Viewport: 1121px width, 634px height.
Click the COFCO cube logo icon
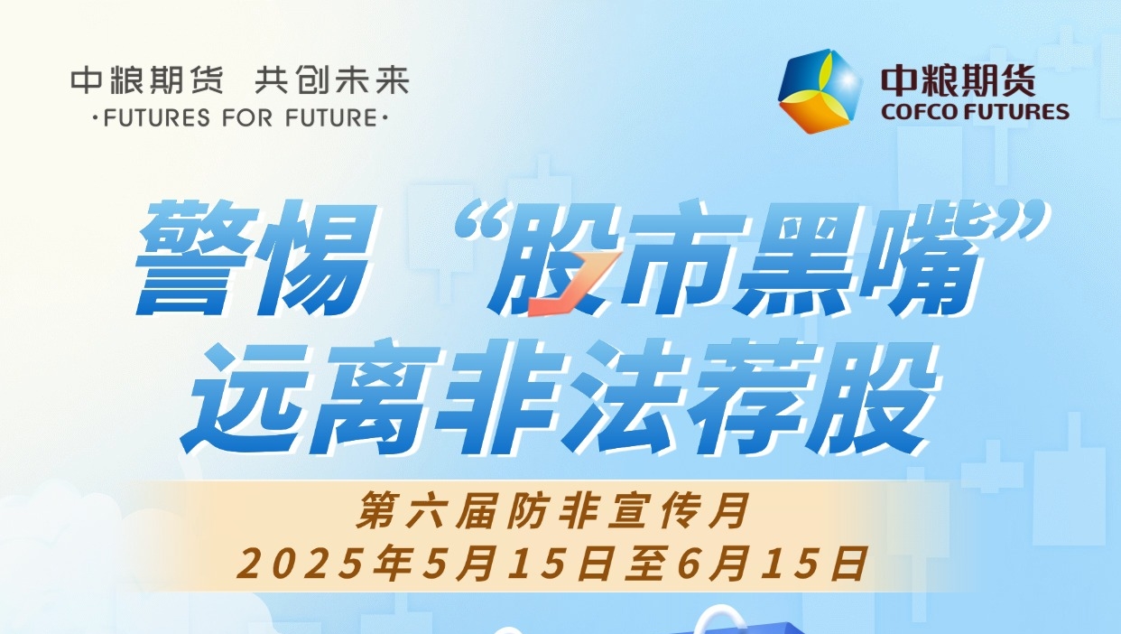pyautogui.click(x=820, y=91)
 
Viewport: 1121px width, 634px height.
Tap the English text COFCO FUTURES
pyautogui.click(x=975, y=112)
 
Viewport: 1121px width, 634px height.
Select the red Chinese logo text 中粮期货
pyautogui.click(x=958, y=80)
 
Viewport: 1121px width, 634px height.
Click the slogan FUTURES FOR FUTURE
pyautogui.click(x=240, y=118)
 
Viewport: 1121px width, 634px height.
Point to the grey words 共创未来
pyautogui.click(x=332, y=80)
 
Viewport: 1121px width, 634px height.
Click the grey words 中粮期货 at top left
pyautogui.click(x=147, y=80)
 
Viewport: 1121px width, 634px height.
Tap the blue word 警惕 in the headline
pyautogui.click(x=255, y=258)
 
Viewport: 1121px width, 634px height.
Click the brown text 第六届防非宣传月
pyautogui.click(x=552, y=510)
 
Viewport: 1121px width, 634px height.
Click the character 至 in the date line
pyautogui.click(x=647, y=564)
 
